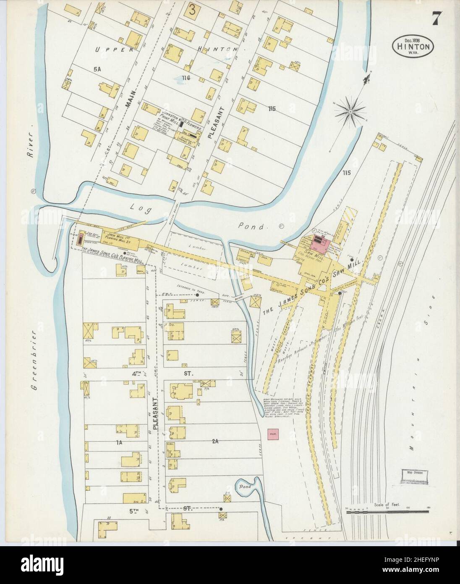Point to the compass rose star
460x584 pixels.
pos(350,110)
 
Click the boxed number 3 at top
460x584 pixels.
pos(192,10)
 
